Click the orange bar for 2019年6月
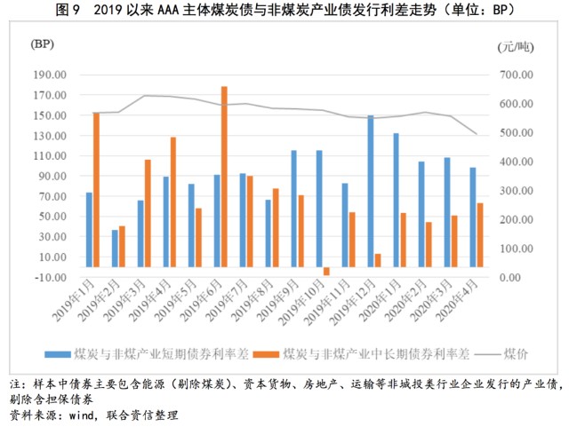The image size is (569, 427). [224, 177]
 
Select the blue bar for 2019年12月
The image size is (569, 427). [371, 192]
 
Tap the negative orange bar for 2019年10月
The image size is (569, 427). [326, 272]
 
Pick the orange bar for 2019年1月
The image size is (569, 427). [96, 190]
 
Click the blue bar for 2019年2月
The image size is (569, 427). [115, 249]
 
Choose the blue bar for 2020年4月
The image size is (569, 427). [473, 217]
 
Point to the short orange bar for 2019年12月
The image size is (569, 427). [378, 261]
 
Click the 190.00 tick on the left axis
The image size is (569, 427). [50, 75]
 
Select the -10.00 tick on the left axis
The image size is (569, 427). [50, 277]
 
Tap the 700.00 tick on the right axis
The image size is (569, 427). [516, 75]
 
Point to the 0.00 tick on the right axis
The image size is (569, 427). [510, 278]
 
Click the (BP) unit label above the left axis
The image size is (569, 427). [42, 44]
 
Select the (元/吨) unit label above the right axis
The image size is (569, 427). [516, 47]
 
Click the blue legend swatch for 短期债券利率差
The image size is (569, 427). [57, 354]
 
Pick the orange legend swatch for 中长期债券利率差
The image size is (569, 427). [266, 354]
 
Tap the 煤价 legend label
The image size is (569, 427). [516, 354]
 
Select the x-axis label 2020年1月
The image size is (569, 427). [380, 300]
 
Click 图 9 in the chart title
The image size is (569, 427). [68, 10]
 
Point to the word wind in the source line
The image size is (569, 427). [81, 415]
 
